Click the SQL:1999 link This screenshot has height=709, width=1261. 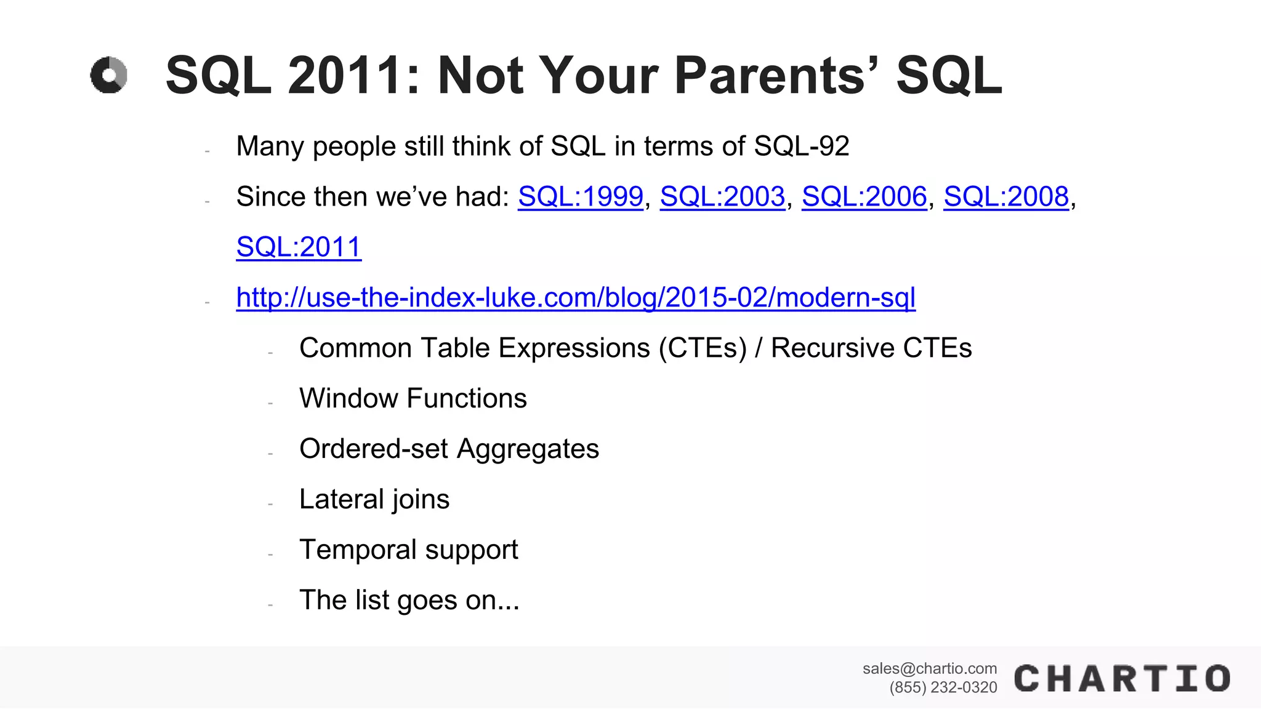[580, 197]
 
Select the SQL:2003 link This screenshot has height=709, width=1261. [722, 197]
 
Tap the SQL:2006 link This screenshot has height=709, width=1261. [864, 197]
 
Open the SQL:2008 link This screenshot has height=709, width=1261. [1006, 197]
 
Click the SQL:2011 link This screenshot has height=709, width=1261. [299, 247]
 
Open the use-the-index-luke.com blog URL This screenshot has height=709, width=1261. [576, 298]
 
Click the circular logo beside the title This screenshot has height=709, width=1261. [109, 76]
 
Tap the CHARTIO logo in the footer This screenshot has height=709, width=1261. [1122, 679]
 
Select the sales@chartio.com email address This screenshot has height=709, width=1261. [929, 668]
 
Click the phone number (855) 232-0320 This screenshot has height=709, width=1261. [943, 687]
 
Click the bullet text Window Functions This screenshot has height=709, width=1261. [413, 398]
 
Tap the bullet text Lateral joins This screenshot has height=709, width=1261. [374, 499]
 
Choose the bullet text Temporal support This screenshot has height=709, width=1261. [408, 550]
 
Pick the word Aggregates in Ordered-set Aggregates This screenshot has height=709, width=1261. [528, 449]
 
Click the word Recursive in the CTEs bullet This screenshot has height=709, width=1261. [832, 348]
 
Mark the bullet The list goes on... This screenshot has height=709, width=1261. [409, 600]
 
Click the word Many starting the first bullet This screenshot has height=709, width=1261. [270, 146]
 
